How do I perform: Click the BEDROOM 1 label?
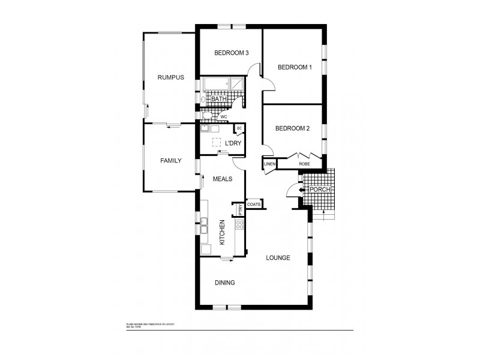295,67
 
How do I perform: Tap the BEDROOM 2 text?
292,128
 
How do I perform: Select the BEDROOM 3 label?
232,53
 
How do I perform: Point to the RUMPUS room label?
170,77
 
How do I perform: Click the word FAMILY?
170,161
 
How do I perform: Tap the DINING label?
224,283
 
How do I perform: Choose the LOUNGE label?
278,258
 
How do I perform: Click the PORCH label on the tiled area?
319,190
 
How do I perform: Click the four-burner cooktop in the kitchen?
239,226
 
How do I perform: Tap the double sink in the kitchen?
204,225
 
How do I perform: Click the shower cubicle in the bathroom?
238,85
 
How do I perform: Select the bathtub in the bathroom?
215,85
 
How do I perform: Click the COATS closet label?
253,204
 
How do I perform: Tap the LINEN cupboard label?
269,164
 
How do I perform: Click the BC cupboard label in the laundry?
239,128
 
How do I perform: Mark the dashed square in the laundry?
216,142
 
